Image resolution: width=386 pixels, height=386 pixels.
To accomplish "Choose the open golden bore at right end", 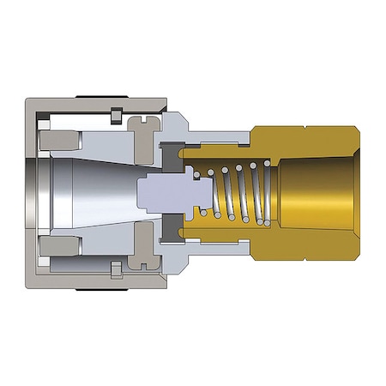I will pyautogui.click(x=322, y=193).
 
